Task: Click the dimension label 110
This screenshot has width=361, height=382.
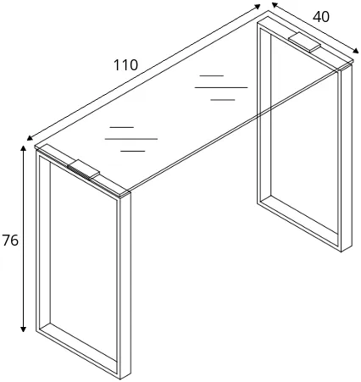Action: (x=125, y=65)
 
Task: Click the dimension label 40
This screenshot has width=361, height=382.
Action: (x=321, y=17)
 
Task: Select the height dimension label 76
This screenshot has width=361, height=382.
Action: (x=10, y=241)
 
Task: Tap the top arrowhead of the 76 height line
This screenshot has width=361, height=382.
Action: (x=24, y=148)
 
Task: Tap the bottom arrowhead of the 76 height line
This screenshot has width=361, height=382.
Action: (x=24, y=329)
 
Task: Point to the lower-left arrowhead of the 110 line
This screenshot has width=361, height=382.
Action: (x=30, y=138)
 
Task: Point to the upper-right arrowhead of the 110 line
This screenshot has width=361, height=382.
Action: (x=257, y=6)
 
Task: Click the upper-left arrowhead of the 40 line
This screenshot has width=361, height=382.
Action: (x=275, y=5)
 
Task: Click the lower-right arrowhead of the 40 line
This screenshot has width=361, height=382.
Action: (x=355, y=50)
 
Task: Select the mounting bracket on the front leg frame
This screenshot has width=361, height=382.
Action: (x=84, y=169)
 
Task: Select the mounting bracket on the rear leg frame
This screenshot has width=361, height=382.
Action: (x=304, y=42)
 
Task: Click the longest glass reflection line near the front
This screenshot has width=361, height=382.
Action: (x=131, y=139)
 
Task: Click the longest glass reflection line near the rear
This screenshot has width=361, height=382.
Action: (x=221, y=87)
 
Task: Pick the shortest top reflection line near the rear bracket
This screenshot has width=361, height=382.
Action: (x=212, y=75)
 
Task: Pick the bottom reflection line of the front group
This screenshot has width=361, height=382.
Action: (x=133, y=151)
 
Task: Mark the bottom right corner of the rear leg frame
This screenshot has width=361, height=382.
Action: (x=342, y=252)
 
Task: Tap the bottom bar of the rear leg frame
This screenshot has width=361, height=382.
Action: (x=299, y=223)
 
